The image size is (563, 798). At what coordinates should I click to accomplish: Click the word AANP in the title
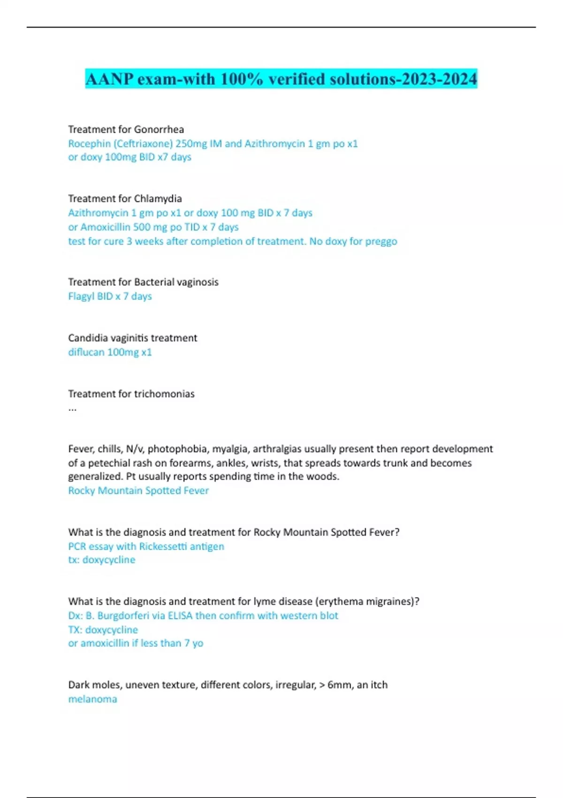click(110, 79)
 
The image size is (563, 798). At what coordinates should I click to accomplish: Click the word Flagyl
click(81, 297)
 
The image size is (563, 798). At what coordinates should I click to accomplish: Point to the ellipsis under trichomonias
click(72, 408)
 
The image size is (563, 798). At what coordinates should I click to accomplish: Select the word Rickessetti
click(163, 546)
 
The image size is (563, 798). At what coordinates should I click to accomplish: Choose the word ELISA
click(180, 616)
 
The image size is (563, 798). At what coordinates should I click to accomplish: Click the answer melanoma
click(92, 699)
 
